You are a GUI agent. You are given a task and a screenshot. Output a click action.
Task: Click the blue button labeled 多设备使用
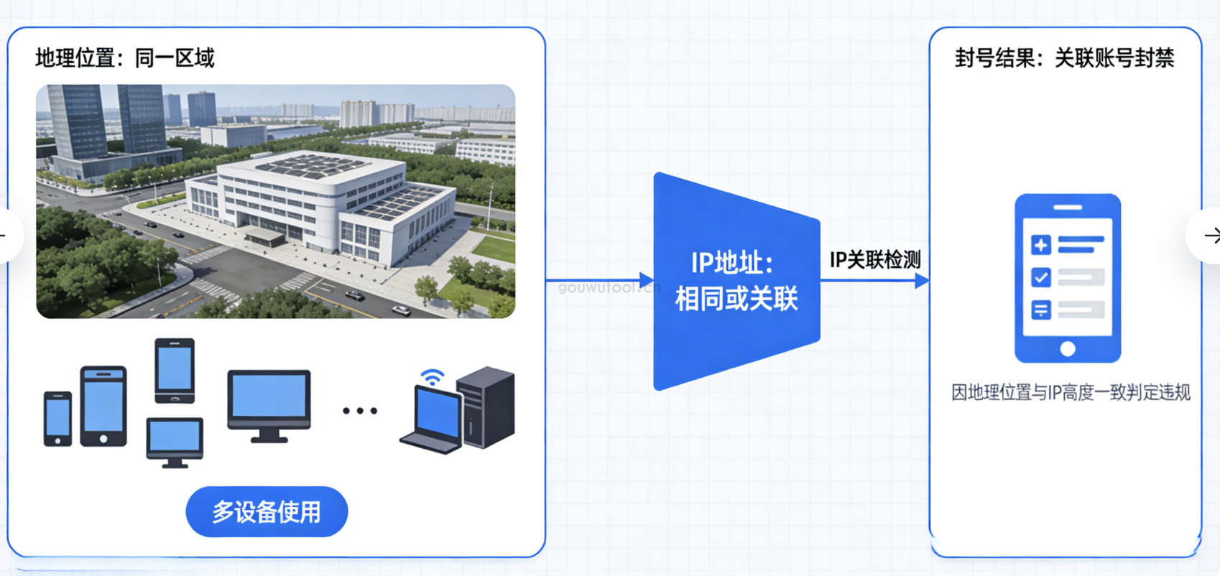pos(267,511)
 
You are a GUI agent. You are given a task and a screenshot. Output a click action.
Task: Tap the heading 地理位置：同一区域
pos(125,57)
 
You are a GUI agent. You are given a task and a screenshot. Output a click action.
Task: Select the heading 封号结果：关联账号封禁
pos(1064,57)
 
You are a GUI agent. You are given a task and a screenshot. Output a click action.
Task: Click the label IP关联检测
pos(874,259)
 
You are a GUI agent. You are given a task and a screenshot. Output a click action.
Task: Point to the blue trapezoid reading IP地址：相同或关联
pos(736,282)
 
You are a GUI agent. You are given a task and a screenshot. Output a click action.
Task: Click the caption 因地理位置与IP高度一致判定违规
pos(1071,392)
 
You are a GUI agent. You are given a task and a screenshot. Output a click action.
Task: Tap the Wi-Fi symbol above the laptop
pos(432,377)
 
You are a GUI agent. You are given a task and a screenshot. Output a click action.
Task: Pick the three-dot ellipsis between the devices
pos(360,411)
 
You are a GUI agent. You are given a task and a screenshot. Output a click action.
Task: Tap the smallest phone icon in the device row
pos(57,419)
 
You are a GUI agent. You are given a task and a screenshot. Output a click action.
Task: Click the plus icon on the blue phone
pos(1040,245)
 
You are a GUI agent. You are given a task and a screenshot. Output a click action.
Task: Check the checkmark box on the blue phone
pos(1040,277)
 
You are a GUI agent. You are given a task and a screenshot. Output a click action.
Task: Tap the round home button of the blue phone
pos(1068,349)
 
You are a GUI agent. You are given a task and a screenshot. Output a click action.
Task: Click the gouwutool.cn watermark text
pos(608,288)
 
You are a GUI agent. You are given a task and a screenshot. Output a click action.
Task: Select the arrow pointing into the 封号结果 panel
pos(921,281)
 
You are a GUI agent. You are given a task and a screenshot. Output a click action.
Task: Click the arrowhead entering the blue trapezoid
pos(646,280)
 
